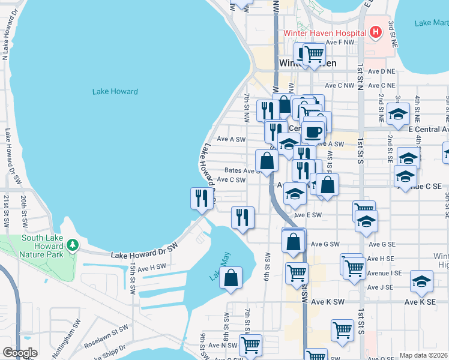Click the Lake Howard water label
[115, 92]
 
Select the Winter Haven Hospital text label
[325, 33]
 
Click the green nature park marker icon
[72, 245]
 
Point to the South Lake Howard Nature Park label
[41, 242]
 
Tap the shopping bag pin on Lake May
[231, 278]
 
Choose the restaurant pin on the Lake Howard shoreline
[202, 199]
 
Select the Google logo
[19, 353]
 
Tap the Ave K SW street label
[328, 302]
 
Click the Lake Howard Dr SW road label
[145, 251]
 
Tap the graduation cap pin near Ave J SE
[421, 281]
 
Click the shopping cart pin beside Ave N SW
[250, 344]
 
